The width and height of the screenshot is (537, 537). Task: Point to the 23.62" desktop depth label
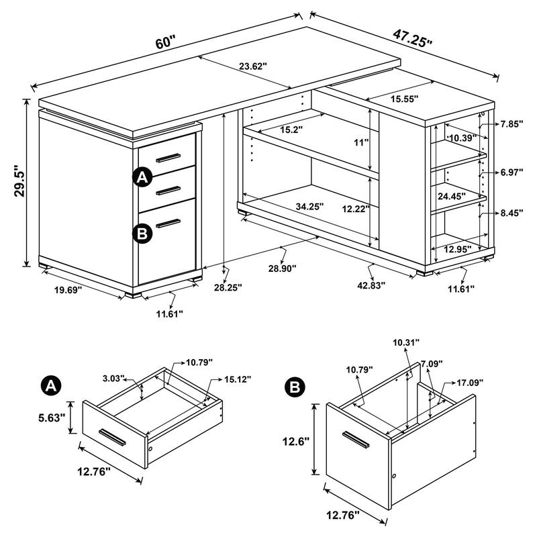(252, 66)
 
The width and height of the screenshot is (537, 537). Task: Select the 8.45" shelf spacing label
(511, 213)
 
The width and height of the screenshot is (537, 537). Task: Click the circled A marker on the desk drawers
(142, 178)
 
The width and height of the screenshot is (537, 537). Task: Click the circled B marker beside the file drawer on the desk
(142, 233)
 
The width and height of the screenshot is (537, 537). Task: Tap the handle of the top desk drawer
(168, 158)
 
